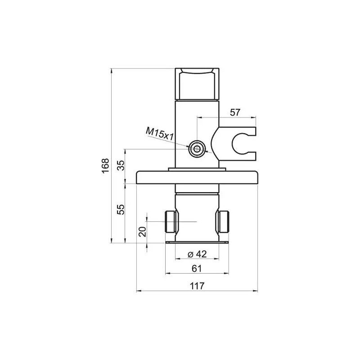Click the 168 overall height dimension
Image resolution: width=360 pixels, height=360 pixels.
click(105, 166)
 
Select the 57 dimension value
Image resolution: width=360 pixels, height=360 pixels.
click(235, 112)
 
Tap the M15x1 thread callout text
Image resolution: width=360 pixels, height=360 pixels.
click(159, 134)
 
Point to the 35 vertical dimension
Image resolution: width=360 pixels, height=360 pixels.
click(121, 165)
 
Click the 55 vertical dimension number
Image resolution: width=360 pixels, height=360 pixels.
click(121, 209)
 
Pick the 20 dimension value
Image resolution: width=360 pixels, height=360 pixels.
click(143, 232)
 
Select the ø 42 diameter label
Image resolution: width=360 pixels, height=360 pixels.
click(197, 254)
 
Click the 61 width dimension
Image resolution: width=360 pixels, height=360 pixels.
click(197, 268)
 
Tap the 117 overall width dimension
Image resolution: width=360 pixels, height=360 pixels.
click(197, 286)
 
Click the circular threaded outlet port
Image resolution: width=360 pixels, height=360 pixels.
click(197, 149)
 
